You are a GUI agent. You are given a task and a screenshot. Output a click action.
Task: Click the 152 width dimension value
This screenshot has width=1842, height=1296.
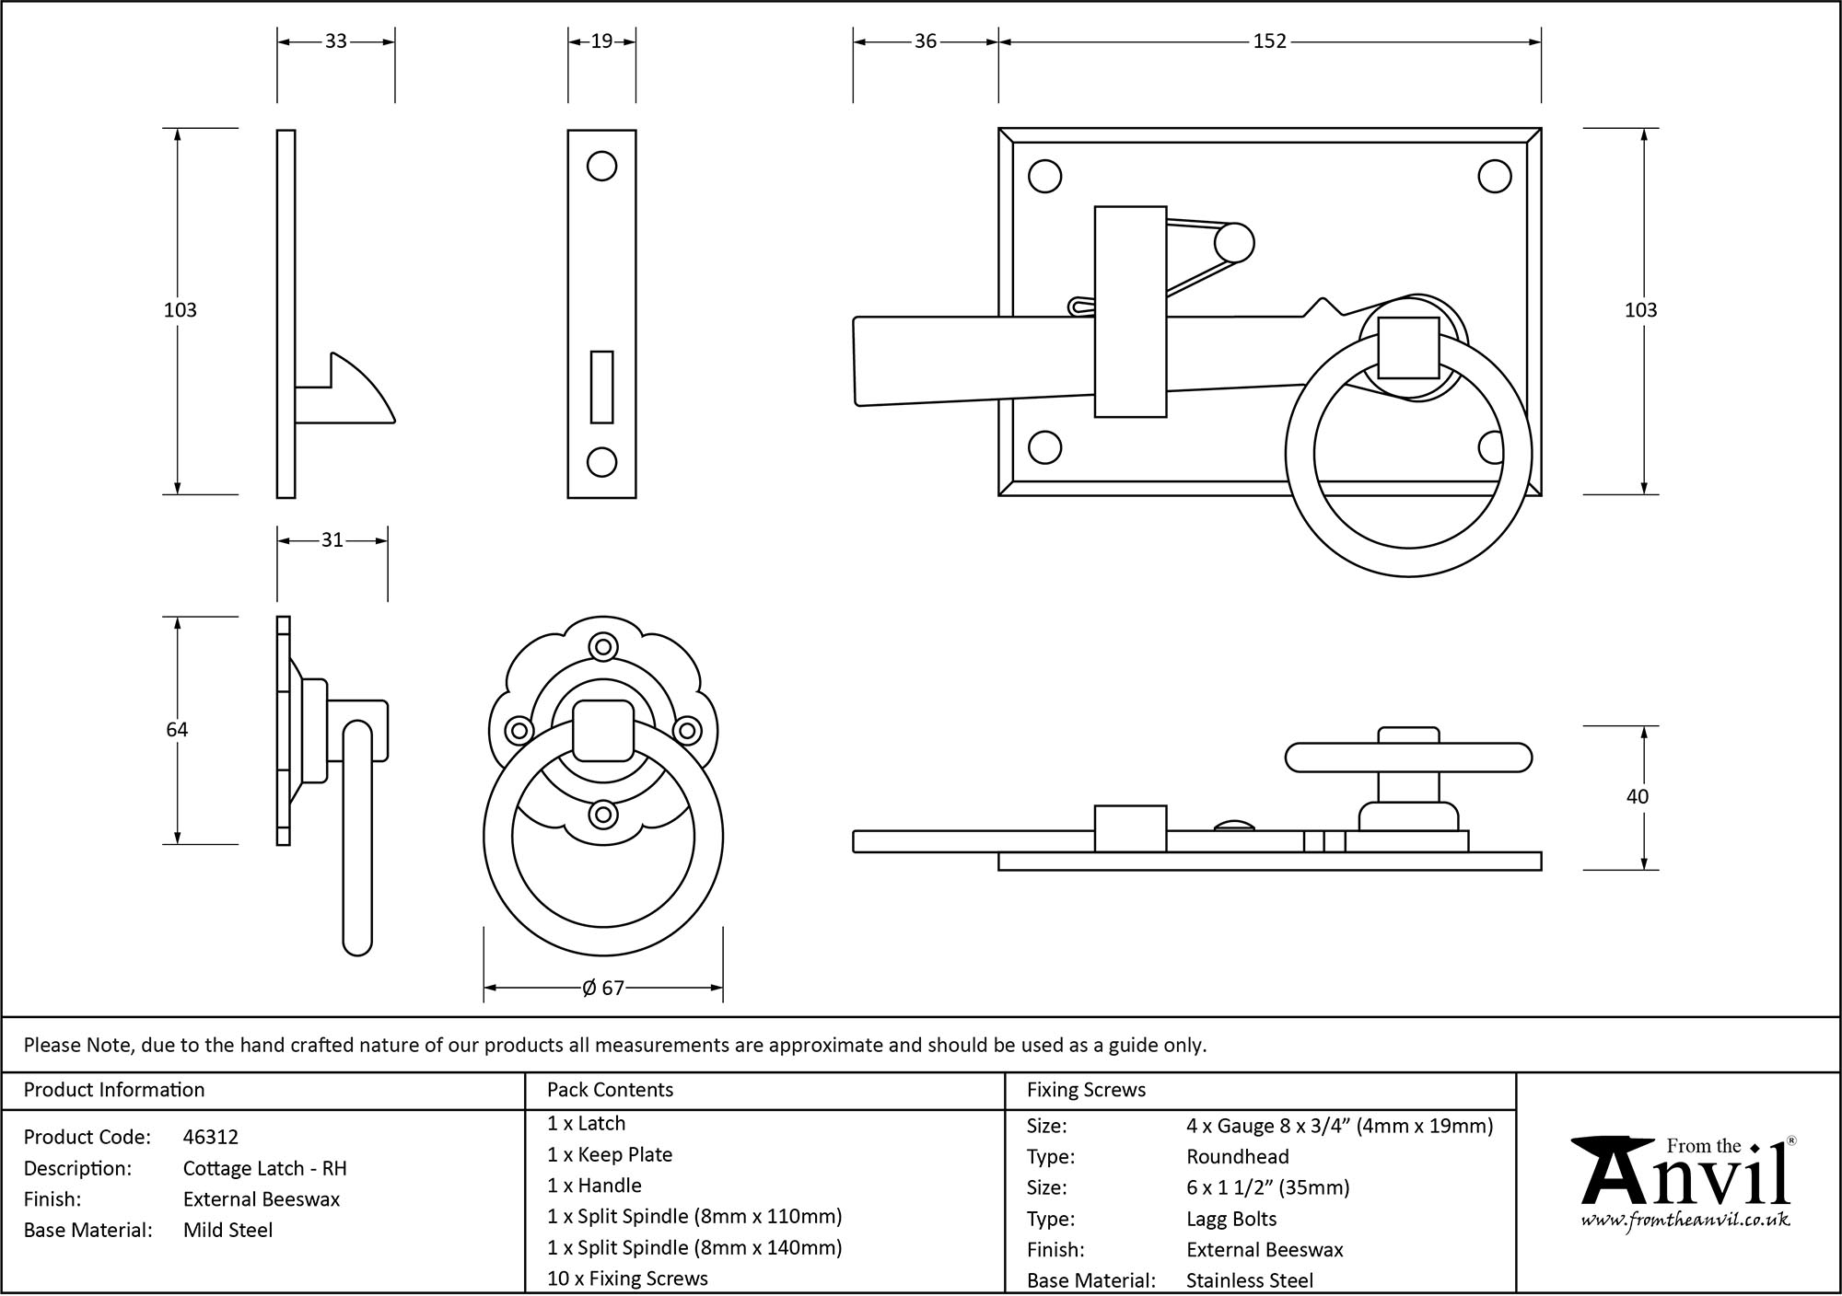point(1269,41)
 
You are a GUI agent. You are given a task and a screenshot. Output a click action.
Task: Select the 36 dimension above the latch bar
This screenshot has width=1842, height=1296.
point(926,41)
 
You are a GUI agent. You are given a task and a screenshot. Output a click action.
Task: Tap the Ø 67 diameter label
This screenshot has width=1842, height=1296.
point(603,988)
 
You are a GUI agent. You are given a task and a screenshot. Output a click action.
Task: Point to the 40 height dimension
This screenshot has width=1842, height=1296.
point(1637,797)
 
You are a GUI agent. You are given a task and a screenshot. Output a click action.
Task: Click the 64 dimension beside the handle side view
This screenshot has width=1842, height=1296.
point(177,730)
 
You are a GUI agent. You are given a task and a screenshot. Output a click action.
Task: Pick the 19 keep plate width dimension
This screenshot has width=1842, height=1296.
point(601,41)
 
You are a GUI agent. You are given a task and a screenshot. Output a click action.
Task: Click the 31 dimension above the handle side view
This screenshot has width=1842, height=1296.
point(332,540)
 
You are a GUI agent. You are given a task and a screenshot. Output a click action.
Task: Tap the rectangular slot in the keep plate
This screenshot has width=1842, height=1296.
point(601,387)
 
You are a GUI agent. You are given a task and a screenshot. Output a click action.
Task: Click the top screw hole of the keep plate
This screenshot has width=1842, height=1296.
point(601,167)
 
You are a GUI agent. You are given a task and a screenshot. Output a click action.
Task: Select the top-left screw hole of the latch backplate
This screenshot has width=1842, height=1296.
point(1044,177)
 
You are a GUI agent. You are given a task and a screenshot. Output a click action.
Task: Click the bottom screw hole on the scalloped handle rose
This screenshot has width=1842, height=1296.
point(603,814)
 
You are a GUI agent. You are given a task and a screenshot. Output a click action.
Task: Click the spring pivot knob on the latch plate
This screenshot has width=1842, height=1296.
point(1233,243)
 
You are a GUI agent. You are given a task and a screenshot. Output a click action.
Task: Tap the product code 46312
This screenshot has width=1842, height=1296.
point(211,1138)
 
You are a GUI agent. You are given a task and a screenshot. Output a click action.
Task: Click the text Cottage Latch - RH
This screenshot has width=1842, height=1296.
point(265,1169)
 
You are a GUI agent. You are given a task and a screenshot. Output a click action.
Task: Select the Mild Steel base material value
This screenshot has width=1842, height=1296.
point(228,1231)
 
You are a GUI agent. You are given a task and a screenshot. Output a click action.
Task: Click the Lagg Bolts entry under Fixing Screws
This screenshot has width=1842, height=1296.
point(1231,1220)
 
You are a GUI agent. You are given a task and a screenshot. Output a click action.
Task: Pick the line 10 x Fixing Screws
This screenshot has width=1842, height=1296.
point(627,1279)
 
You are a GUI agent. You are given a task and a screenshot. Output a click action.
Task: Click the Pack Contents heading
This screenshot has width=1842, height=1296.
point(610,1090)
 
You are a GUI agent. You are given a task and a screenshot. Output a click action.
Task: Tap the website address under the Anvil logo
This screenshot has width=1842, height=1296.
point(1685,1221)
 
